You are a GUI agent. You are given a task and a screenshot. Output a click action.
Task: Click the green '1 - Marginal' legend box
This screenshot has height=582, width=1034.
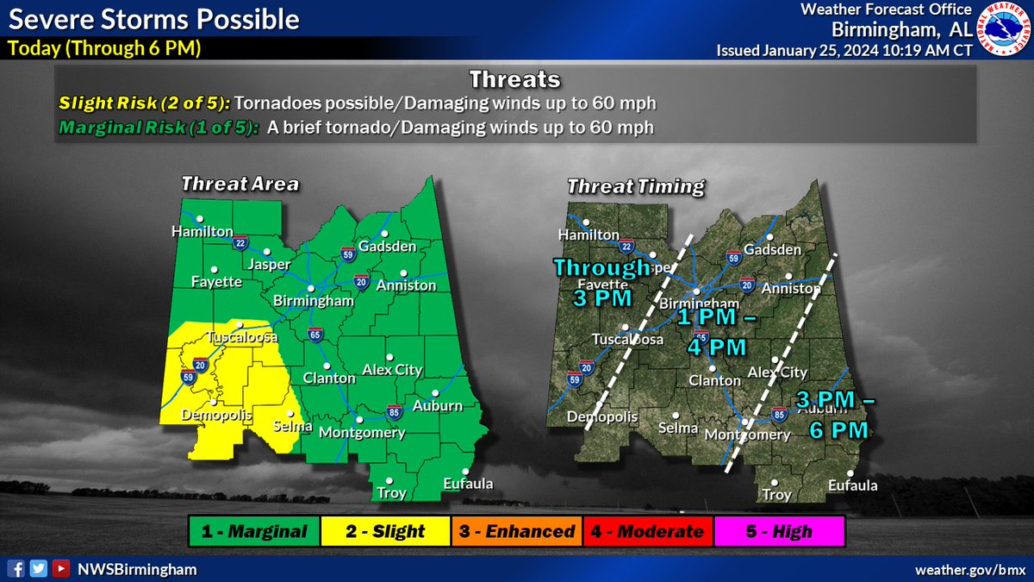[253, 531]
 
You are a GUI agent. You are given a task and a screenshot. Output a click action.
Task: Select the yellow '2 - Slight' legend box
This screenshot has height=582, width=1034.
[384, 531]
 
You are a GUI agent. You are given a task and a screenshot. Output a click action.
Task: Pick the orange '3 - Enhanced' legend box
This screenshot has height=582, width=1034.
[516, 531]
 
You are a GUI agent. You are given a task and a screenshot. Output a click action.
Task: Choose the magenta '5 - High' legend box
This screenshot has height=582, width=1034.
[779, 531]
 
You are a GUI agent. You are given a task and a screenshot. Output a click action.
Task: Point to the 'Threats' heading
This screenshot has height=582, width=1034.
[515, 80]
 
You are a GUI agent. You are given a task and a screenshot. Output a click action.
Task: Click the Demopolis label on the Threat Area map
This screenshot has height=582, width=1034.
[216, 416]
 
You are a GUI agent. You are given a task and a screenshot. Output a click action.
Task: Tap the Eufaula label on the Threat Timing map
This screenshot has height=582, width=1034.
[852, 485]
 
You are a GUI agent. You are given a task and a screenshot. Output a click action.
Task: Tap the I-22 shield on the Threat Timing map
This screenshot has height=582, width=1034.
[627, 245]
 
